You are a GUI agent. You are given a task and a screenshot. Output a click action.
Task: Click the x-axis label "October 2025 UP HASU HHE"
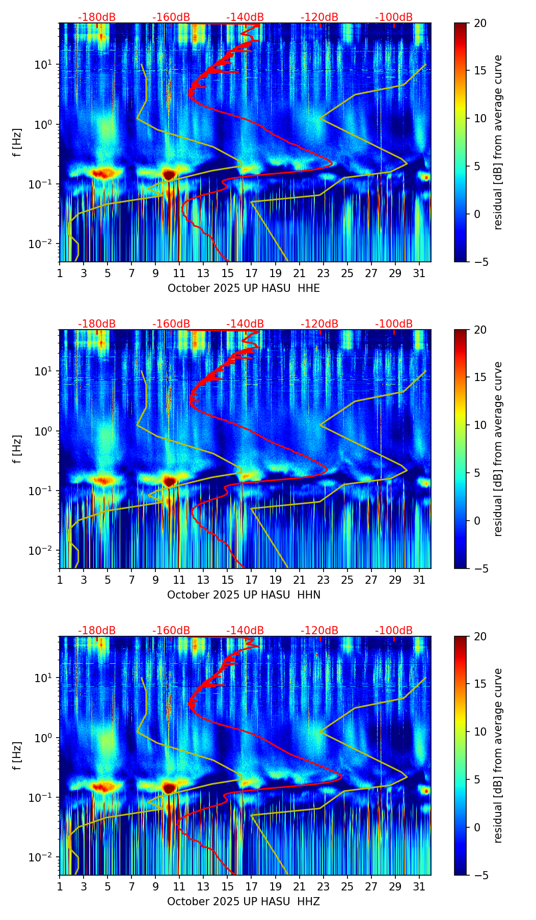[244, 288]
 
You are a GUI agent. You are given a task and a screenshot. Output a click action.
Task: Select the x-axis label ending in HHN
[244, 595]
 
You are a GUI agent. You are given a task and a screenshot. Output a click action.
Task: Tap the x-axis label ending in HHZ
[244, 902]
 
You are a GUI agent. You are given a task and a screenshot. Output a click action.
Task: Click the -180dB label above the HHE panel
[97, 17]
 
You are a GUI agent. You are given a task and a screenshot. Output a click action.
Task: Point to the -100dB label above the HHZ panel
[394, 631]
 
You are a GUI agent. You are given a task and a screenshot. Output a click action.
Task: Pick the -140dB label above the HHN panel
[245, 324]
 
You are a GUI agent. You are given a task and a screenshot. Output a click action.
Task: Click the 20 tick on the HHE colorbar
[480, 23]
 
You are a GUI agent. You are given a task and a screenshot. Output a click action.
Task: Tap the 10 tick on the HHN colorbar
[480, 425]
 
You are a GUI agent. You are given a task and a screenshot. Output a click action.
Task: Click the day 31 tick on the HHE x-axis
[419, 274]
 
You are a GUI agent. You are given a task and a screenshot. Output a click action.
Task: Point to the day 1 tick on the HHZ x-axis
[60, 887]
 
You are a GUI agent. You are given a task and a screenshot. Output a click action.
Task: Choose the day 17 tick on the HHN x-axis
[251, 580]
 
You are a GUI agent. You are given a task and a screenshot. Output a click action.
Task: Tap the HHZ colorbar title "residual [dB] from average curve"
[498, 755]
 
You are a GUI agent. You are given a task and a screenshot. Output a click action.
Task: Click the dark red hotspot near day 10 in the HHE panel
[169, 175]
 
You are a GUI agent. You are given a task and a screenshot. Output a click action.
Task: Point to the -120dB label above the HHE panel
[319, 17]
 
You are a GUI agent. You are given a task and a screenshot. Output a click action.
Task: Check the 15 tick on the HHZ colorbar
[480, 684]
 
